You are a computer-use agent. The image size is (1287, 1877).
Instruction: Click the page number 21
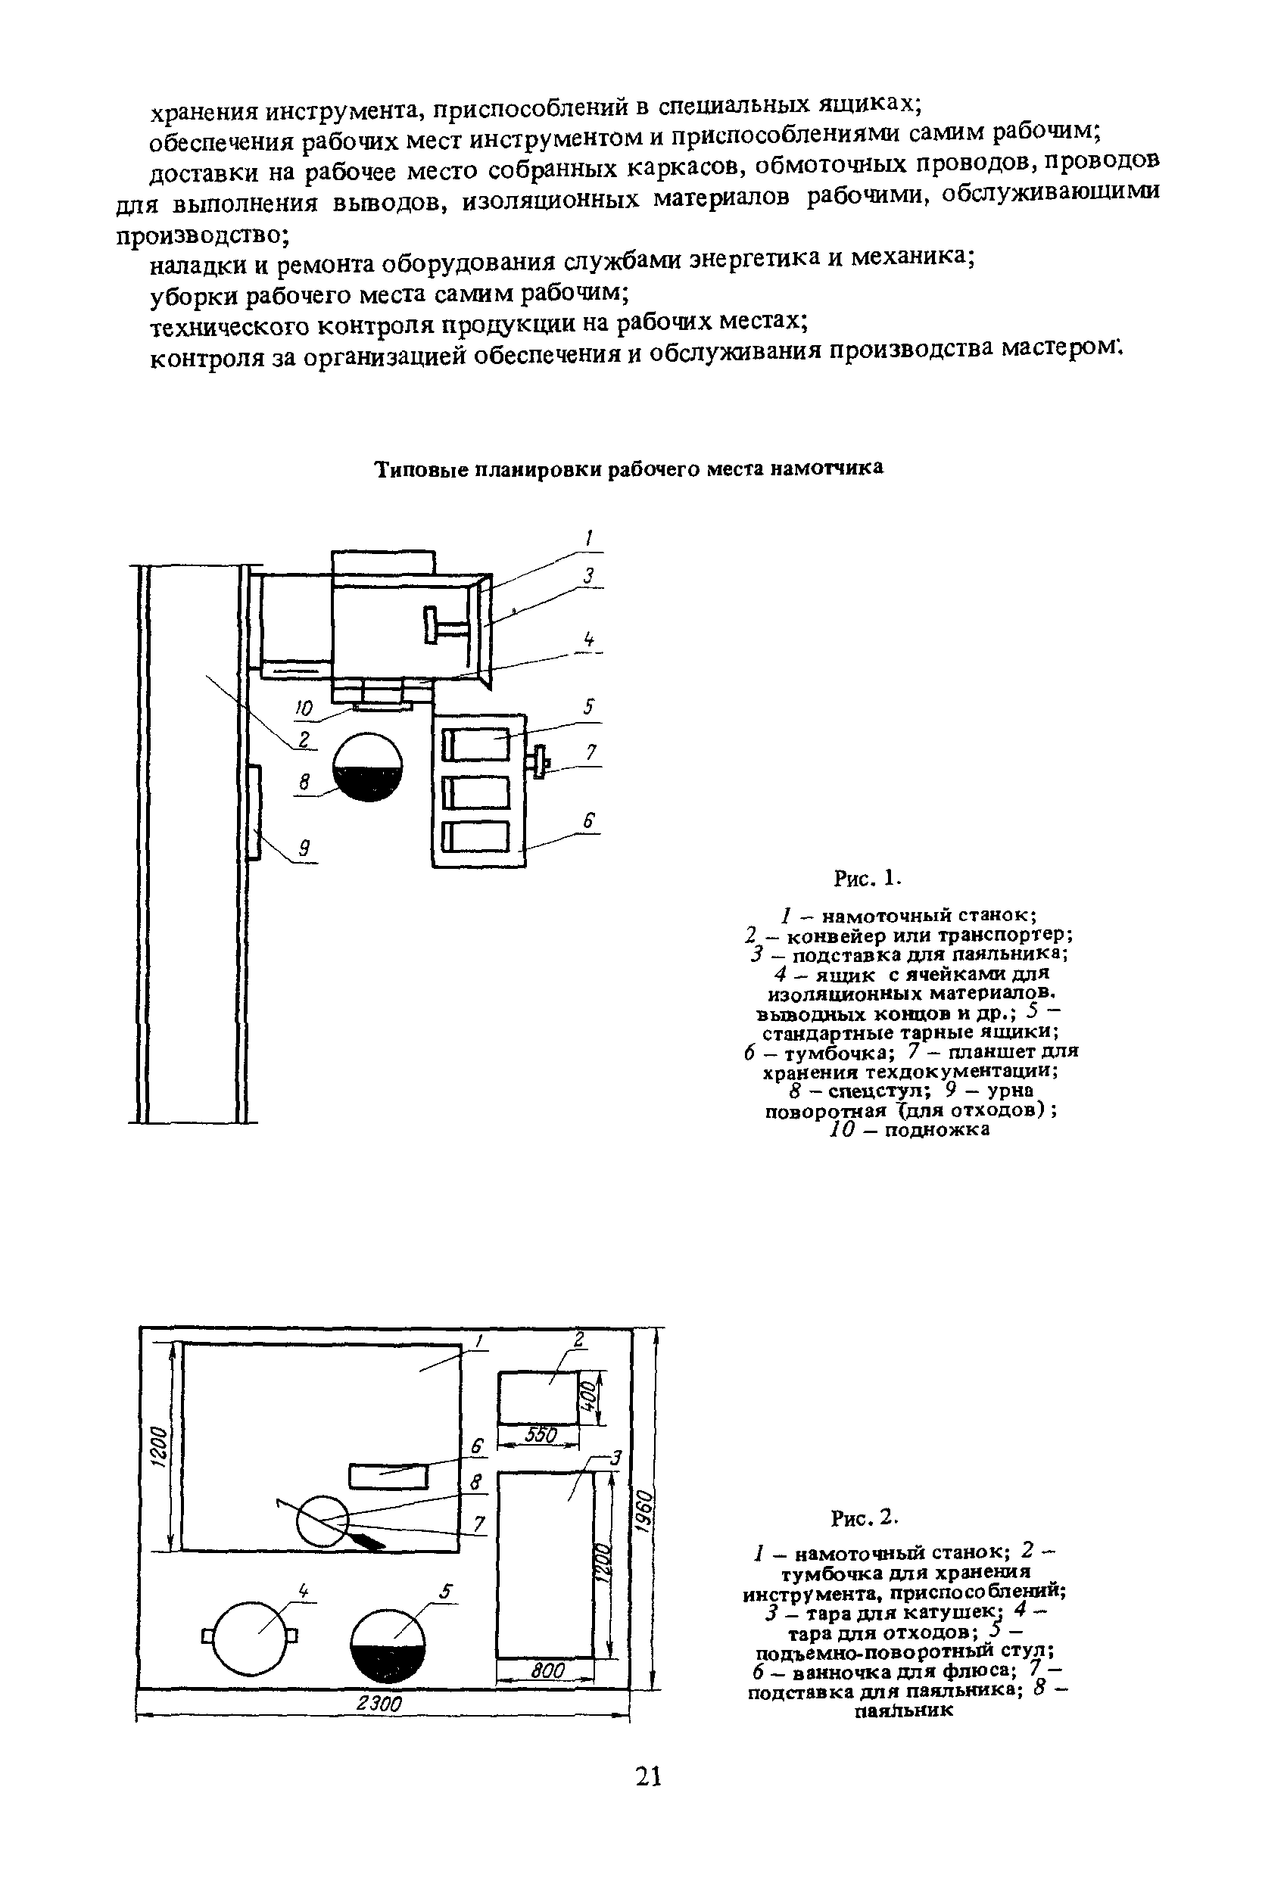tap(649, 1776)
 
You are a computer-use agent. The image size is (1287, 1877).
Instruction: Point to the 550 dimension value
tap(541, 1434)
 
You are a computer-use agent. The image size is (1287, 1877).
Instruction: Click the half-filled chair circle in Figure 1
tap(369, 767)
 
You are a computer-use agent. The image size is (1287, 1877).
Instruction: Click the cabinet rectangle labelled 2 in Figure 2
tap(539, 1397)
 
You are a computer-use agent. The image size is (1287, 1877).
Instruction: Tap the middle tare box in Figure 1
tap(477, 792)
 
